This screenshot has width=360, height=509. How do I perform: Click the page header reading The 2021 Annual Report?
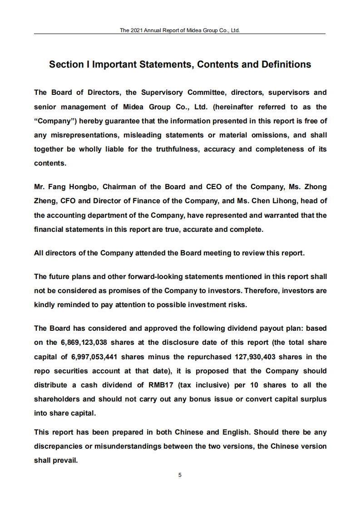click(180, 30)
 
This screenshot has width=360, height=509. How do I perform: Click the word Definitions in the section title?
click(286, 64)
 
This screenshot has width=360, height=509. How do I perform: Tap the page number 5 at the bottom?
click(180, 475)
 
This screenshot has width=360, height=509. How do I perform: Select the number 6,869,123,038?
click(84, 343)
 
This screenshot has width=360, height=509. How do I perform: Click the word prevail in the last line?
click(65, 460)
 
